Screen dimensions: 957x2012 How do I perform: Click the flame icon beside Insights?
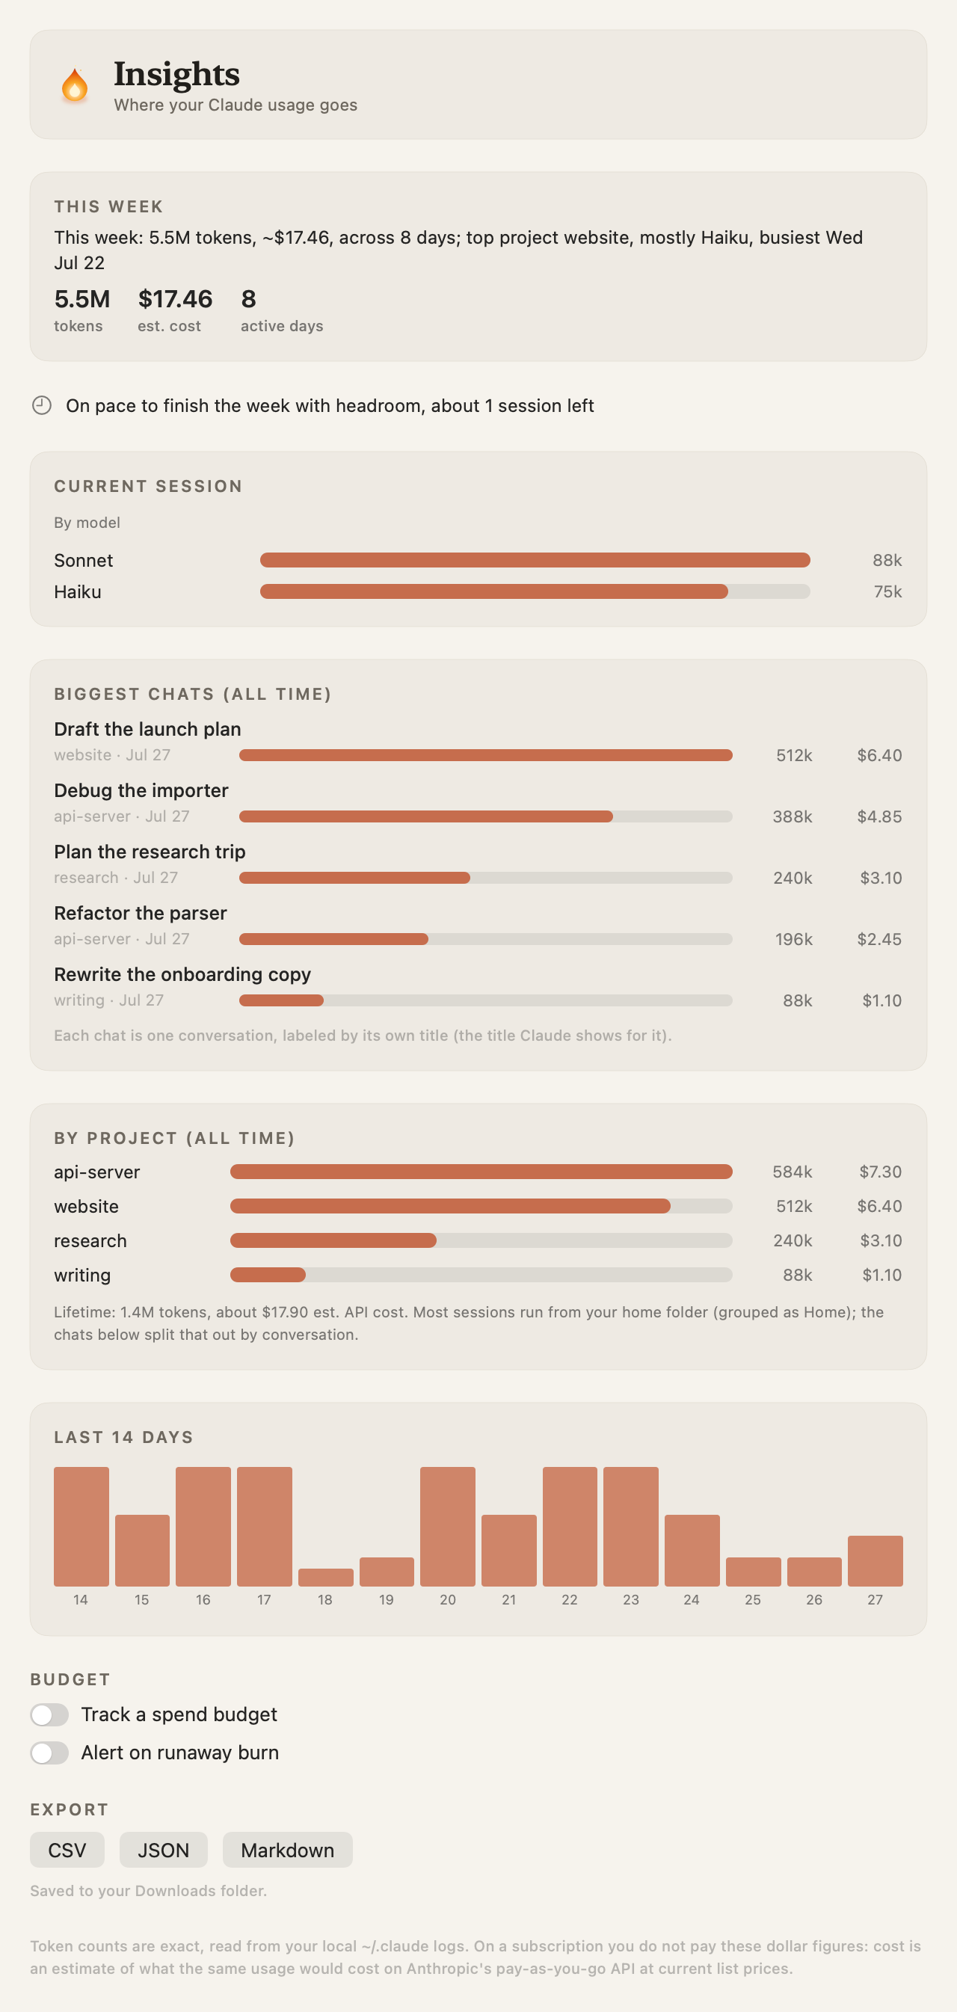[x=74, y=85]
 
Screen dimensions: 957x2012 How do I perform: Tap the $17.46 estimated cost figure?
[x=175, y=299]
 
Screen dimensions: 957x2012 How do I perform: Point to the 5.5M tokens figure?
[x=82, y=299]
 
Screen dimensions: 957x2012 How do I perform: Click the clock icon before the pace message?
[x=41, y=405]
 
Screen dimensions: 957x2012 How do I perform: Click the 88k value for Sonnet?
[x=887, y=561]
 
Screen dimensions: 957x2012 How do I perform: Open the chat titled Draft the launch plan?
[x=147, y=730]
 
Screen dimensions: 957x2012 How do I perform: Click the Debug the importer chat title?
[x=141, y=790]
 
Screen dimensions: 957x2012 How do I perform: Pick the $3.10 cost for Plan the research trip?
[x=881, y=878]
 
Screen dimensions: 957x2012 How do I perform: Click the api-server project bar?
[x=481, y=1172]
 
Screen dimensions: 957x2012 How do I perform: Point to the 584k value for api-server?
[x=793, y=1172]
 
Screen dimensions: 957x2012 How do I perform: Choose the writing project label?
[x=82, y=1276]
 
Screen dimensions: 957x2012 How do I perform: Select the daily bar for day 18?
[x=326, y=1577]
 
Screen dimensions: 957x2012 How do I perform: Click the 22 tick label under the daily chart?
[x=570, y=1599]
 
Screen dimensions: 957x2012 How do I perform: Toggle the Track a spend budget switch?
[x=49, y=1714]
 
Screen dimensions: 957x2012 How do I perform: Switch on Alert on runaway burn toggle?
[x=49, y=1753]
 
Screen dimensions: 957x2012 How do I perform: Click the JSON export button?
[x=163, y=1850]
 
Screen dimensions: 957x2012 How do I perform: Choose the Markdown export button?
[x=288, y=1850]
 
